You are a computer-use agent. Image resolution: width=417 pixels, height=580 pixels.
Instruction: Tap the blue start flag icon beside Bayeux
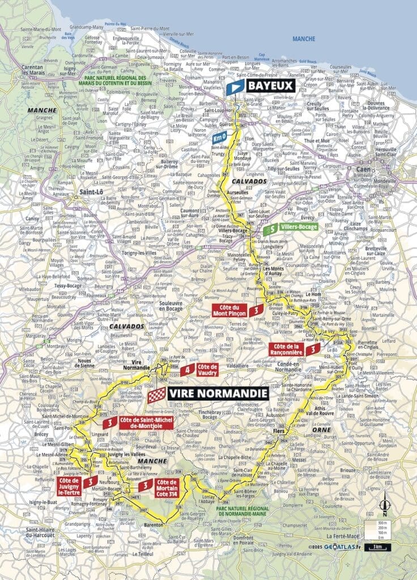point(235,87)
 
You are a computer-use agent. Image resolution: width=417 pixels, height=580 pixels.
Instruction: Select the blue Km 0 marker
point(219,138)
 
